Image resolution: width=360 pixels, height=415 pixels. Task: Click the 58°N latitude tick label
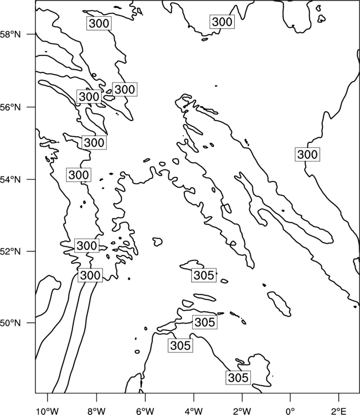coord(11,34)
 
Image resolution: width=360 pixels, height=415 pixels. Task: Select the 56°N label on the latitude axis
coord(11,107)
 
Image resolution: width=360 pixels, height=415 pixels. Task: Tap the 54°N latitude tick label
coord(11,180)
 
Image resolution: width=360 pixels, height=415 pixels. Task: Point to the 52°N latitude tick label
coord(11,251)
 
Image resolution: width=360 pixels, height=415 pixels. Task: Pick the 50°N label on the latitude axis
coord(11,323)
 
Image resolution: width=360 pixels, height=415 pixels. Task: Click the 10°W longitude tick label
coord(48,411)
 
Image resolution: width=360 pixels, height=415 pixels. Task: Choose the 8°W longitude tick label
coord(96,411)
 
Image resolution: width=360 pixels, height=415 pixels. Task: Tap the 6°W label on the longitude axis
coord(145,411)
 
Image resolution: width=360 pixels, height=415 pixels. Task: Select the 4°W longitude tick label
coord(194,411)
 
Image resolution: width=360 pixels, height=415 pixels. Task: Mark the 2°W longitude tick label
coord(242,411)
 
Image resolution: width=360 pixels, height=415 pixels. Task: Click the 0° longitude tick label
coord(290,411)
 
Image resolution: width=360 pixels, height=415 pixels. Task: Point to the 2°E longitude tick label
coord(339,411)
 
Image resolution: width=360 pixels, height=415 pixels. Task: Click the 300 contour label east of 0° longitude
coord(307,154)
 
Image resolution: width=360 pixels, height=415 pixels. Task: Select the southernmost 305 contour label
coord(238,378)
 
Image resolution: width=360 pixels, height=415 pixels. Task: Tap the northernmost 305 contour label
coord(203,275)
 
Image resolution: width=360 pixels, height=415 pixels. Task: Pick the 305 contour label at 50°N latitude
coord(205,322)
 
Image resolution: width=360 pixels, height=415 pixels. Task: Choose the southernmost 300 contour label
coord(90,276)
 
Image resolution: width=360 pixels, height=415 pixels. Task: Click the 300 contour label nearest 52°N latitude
coord(86,246)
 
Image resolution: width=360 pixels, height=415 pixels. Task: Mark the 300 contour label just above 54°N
coord(79,175)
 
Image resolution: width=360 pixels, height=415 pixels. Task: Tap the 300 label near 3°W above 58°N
coord(222,22)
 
